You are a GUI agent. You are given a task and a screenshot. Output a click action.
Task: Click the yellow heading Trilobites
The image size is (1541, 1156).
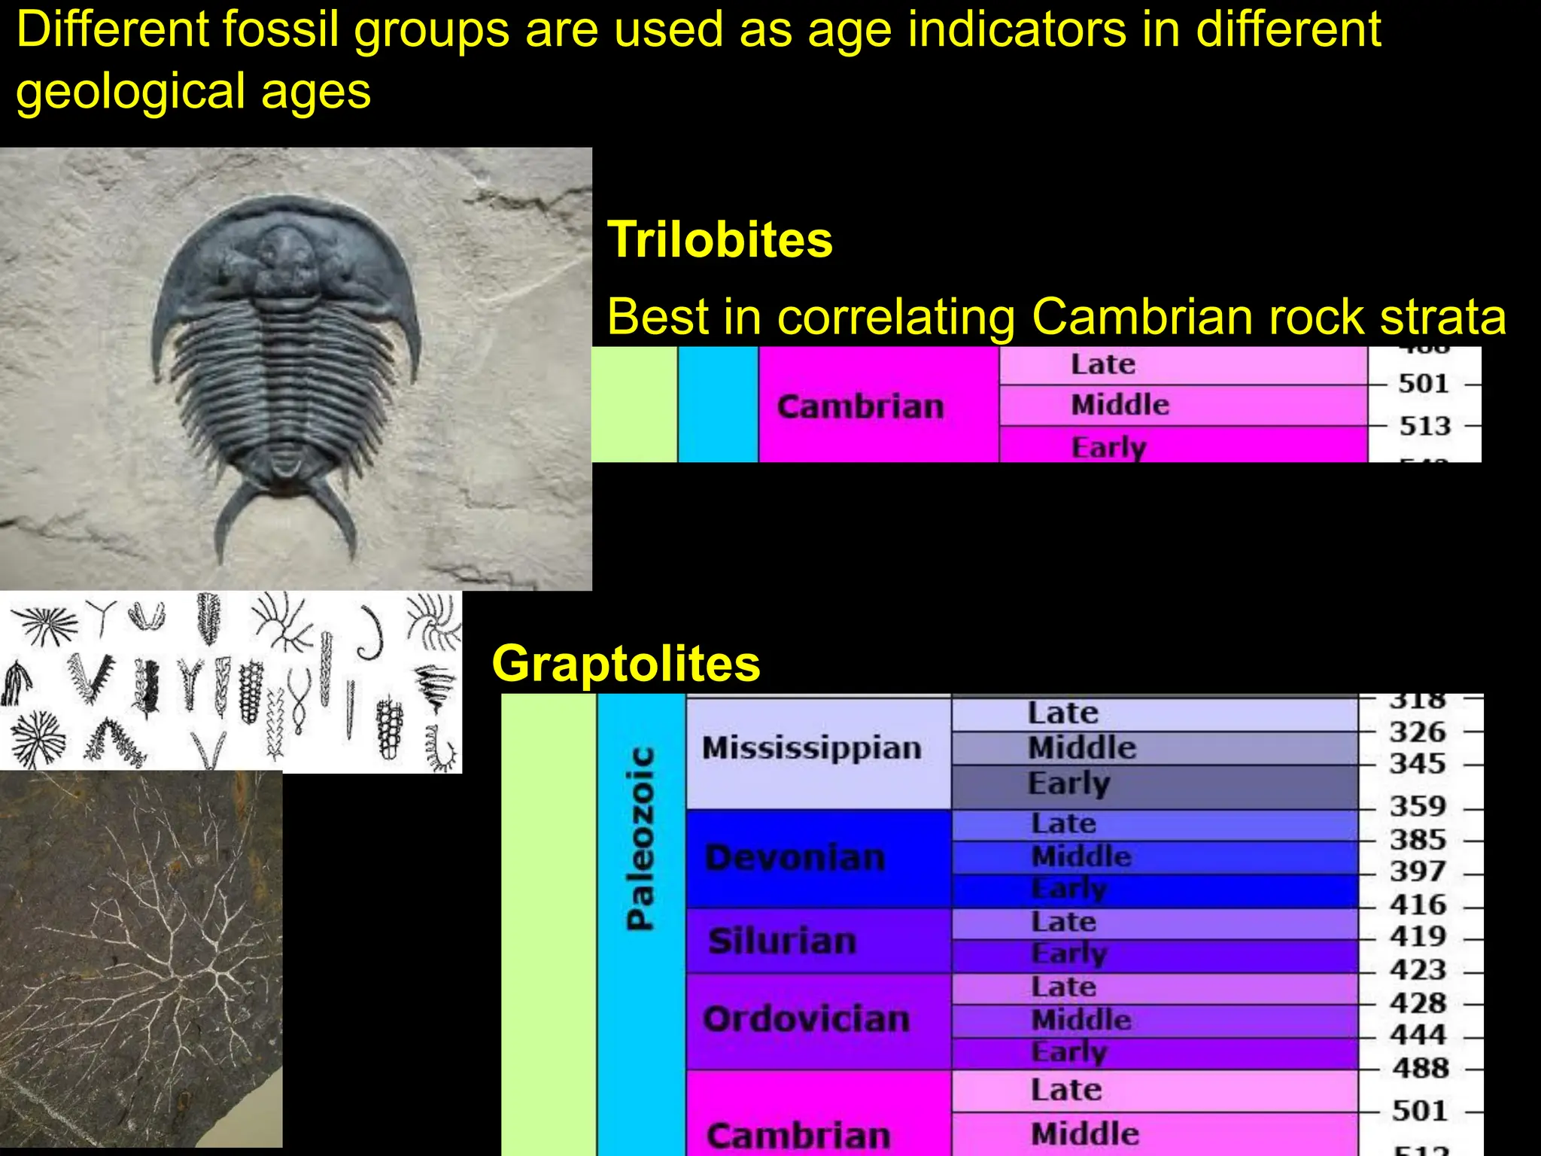coord(719,240)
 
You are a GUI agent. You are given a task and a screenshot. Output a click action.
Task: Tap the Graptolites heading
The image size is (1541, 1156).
coord(625,664)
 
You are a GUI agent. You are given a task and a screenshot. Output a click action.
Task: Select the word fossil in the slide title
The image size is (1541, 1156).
coord(275,30)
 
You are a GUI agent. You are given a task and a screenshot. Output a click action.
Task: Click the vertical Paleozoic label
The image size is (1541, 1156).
coord(640,838)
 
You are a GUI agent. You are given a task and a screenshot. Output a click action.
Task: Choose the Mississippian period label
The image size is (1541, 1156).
coord(811,748)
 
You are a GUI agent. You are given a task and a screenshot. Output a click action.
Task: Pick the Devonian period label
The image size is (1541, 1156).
coord(795,858)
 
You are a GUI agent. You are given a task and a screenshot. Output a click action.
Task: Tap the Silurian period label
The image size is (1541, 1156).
coord(783,941)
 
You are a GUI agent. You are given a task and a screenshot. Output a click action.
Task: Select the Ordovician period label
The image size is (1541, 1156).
coord(806,1020)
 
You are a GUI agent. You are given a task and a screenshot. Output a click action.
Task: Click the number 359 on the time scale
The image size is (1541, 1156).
coord(1418,807)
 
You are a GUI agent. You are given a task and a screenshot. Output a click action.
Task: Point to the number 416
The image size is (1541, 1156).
coord(1418,905)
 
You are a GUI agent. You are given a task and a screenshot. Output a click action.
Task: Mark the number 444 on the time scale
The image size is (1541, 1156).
coord(1418,1036)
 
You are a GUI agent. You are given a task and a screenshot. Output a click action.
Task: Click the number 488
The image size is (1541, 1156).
coord(1420,1068)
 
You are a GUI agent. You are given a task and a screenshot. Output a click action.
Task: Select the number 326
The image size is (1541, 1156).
coord(1418,732)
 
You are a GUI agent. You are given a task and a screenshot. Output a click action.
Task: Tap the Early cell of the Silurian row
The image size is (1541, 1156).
coord(1068,954)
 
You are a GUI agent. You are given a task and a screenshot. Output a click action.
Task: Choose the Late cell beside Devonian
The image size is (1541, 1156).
coord(1063,823)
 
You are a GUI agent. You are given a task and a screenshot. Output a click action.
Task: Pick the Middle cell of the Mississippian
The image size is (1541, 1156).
coord(1081,748)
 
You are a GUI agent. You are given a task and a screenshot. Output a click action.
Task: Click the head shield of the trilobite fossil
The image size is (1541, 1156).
coord(285,256)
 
